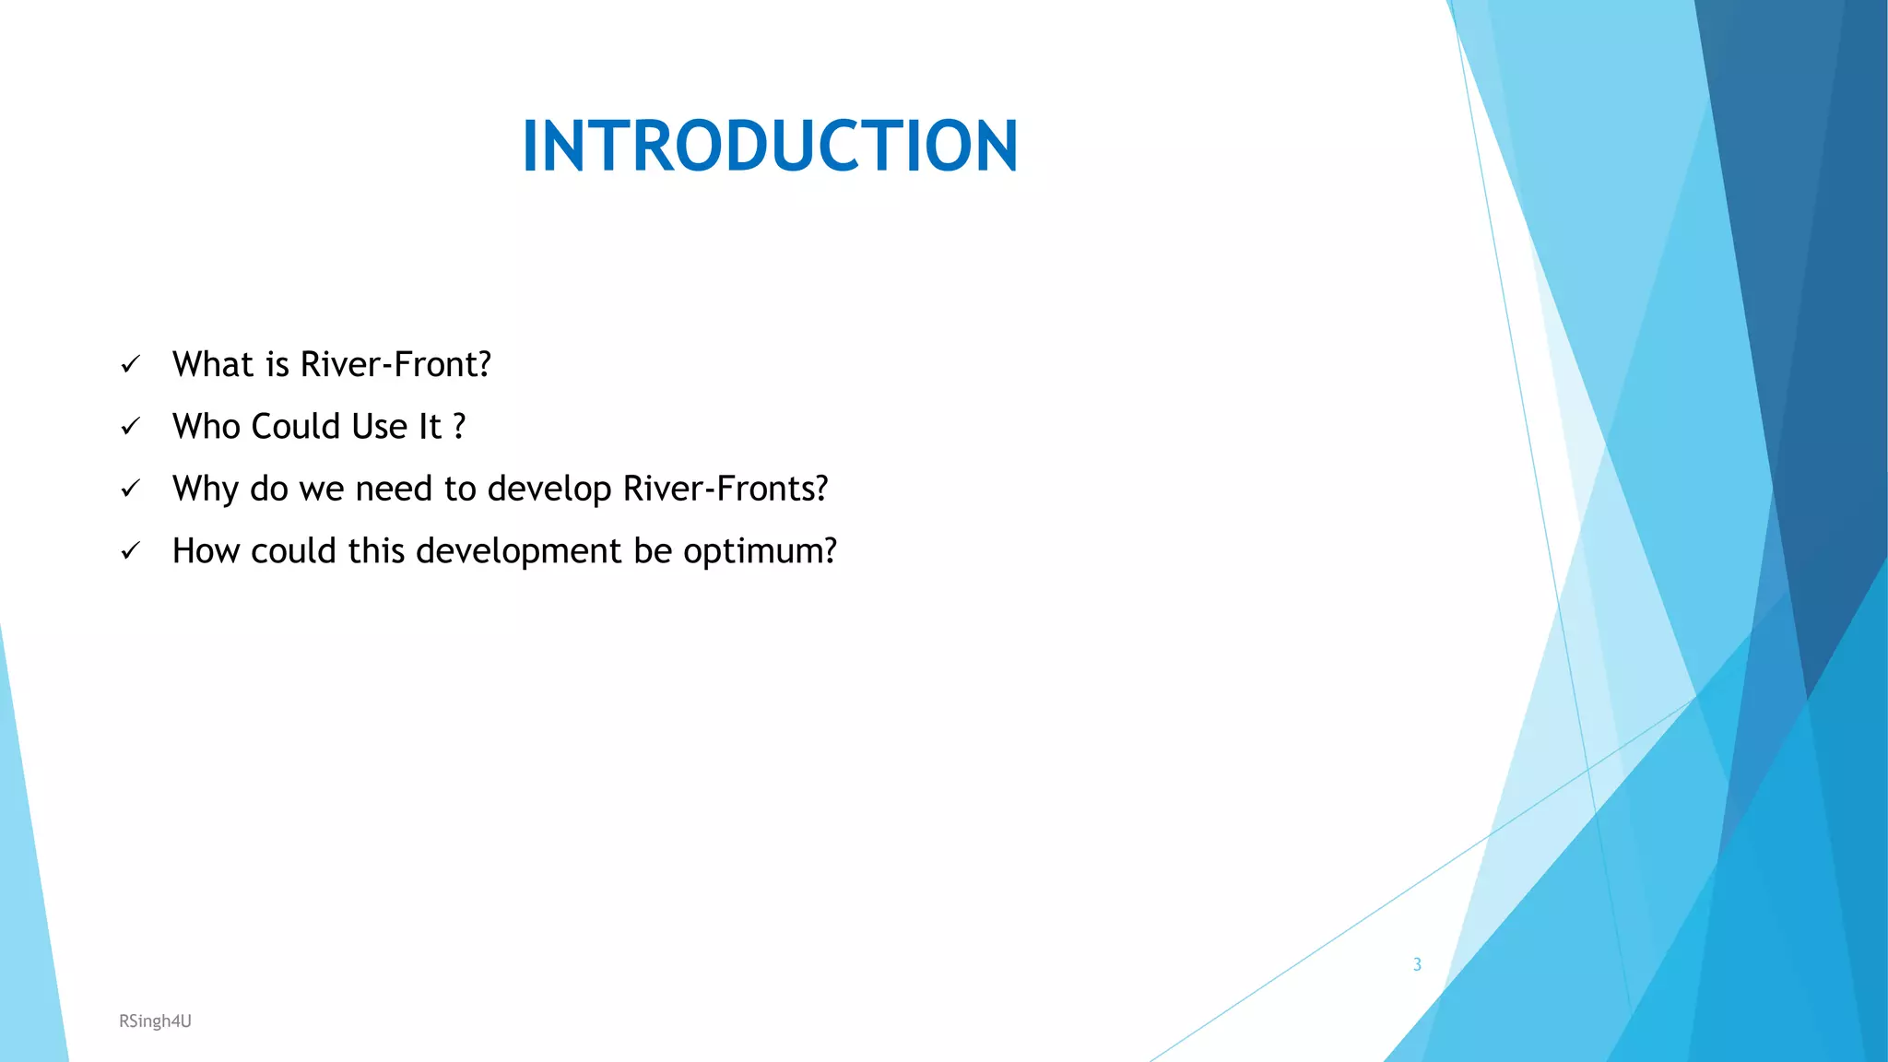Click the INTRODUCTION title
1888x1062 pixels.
[x=770, y=146]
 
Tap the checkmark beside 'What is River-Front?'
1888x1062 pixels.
[x=130, y=365]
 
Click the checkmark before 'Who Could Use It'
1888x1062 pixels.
[x=130, y=427]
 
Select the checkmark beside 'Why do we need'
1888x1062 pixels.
[x=130, y=489]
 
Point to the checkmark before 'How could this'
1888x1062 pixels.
[x=130, y=551]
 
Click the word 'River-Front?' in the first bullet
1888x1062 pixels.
[x=395, y=365]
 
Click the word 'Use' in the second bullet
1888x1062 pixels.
[x=379, y=427]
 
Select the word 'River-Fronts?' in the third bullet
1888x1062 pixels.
[x=726, y=489]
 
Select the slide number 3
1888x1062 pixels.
[x=1417, y=964]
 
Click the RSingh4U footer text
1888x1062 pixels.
[x=155, y=1021]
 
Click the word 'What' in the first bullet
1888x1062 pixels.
[x=213, y=365]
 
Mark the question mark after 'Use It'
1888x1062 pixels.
[x=459, y=427]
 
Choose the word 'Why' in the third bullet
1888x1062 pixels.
[x=206, y=490]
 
